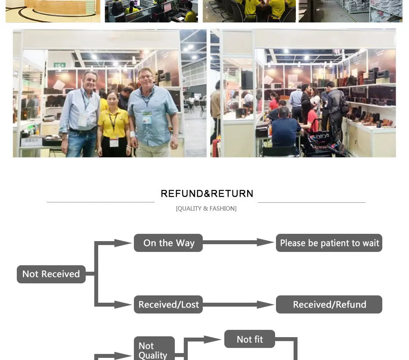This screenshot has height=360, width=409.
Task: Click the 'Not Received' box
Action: tap(51, 274)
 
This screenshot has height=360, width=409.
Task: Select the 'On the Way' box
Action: tap(168, 243)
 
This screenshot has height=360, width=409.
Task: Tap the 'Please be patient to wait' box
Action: tap(329, 243)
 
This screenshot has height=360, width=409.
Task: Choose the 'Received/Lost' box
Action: tap(168, 304)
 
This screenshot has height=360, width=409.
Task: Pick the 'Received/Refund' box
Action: tap(329, 304)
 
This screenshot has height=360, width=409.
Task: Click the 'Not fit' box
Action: tap(250, 339)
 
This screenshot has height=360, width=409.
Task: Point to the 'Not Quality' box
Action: tap(154, 348)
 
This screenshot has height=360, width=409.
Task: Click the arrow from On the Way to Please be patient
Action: tap(239, 242)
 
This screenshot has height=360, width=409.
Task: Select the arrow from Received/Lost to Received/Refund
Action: tap(239, 304)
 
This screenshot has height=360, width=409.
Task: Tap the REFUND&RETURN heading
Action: tap(207, 194)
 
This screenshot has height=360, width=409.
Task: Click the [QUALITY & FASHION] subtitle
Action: tap(206, 208)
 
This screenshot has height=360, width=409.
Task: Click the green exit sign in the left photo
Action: tap(59, 65)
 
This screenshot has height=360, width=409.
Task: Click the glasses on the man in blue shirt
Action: tap(146, 77)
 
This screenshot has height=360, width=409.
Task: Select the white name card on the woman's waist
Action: tap(114, 143)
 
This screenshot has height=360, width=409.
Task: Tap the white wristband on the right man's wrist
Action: tap(133, 134)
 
